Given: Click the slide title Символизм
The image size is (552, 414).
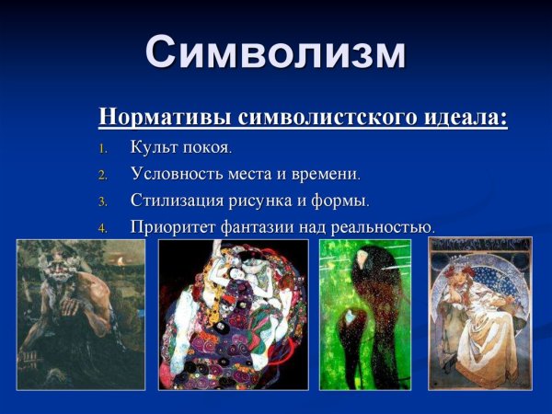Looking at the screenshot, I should coord(275,52).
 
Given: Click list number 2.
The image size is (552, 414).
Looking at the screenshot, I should coord(103,175).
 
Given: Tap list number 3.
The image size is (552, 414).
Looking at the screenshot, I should coord(103,201).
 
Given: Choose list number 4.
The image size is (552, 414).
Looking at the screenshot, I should coord(103,227).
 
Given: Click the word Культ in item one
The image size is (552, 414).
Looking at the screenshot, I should coord(153,147).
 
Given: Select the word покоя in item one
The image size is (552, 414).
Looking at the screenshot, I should coord(203,147).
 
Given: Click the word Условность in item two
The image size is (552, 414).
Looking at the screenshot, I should coord(176,173).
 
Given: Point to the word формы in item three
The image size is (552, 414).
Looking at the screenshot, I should coord(340,200).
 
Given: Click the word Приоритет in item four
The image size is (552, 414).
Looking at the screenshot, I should coord(174,226).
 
